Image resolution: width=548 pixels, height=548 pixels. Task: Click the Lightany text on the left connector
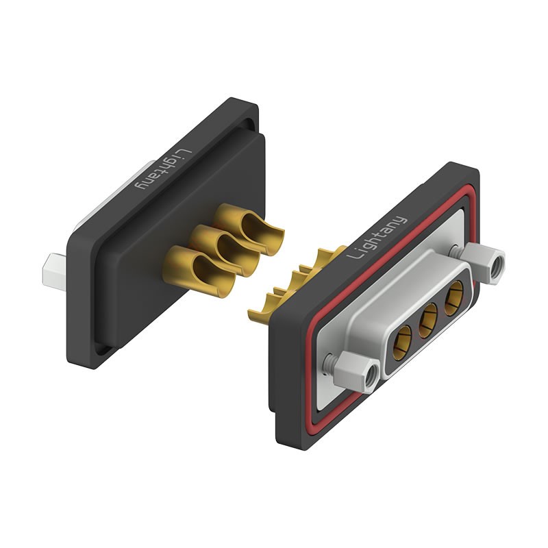point(164,170)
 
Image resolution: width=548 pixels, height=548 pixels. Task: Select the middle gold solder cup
point(225,250)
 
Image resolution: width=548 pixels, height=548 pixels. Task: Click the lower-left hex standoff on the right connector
point(357,371)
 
